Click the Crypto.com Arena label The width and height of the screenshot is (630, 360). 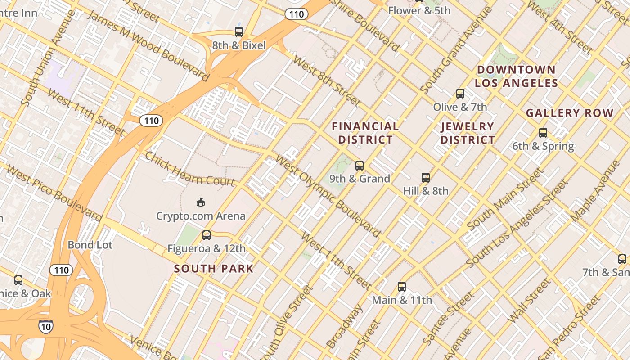201,216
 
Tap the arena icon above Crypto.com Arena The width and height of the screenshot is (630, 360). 201,202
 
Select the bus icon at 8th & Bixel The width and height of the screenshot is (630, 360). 239,32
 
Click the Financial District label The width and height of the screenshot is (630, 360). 365,133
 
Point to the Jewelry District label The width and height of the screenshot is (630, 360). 468,133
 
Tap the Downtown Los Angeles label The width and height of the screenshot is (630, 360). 516,76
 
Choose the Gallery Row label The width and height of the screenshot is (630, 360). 570,113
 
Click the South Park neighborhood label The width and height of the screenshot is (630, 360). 214,269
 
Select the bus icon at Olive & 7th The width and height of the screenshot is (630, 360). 460,94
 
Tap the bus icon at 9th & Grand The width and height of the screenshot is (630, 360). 359,165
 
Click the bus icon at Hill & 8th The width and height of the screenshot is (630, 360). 425,177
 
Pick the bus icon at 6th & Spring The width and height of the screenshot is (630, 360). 543,133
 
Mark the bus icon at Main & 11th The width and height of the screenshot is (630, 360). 401,286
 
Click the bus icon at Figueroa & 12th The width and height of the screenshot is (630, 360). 207,235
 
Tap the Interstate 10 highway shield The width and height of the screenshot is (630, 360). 45,327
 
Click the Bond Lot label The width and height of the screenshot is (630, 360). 90,245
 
